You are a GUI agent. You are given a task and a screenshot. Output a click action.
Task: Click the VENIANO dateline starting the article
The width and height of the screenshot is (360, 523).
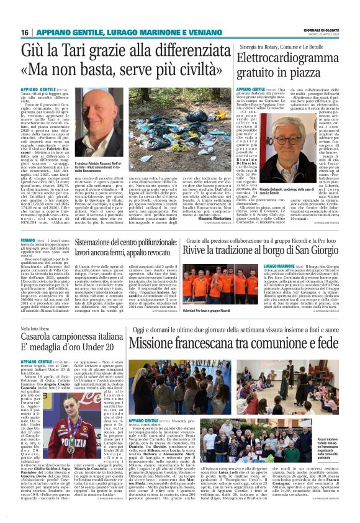29,239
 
